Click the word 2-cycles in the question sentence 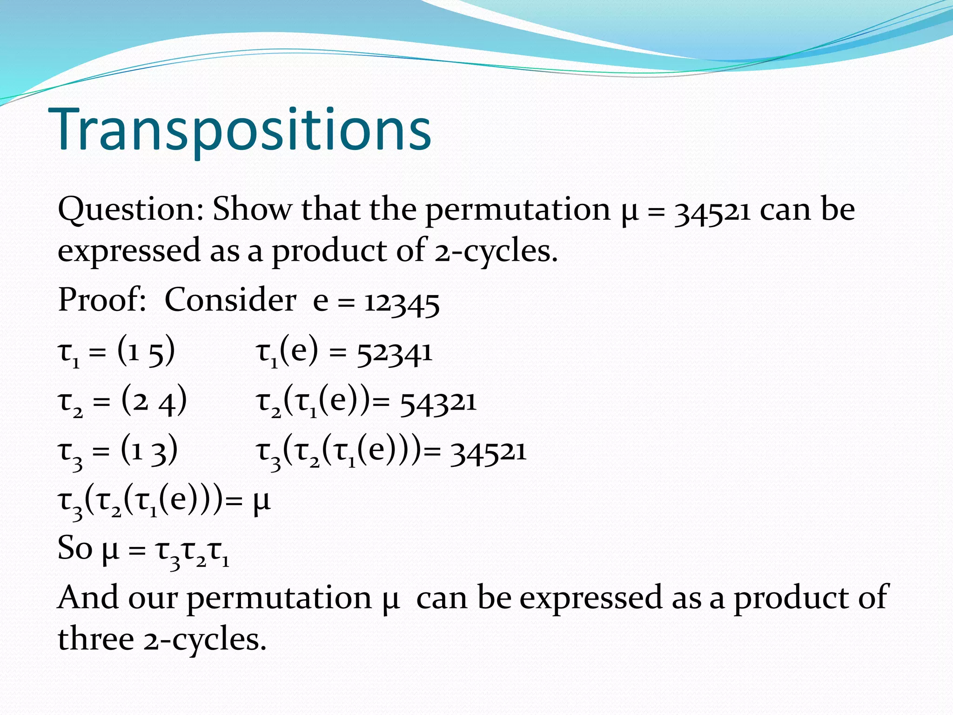pos(496,252)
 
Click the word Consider pos(230,300)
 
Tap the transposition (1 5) pos(146,352)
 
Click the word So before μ pos(74,548)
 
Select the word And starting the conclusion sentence pos(87,598)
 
